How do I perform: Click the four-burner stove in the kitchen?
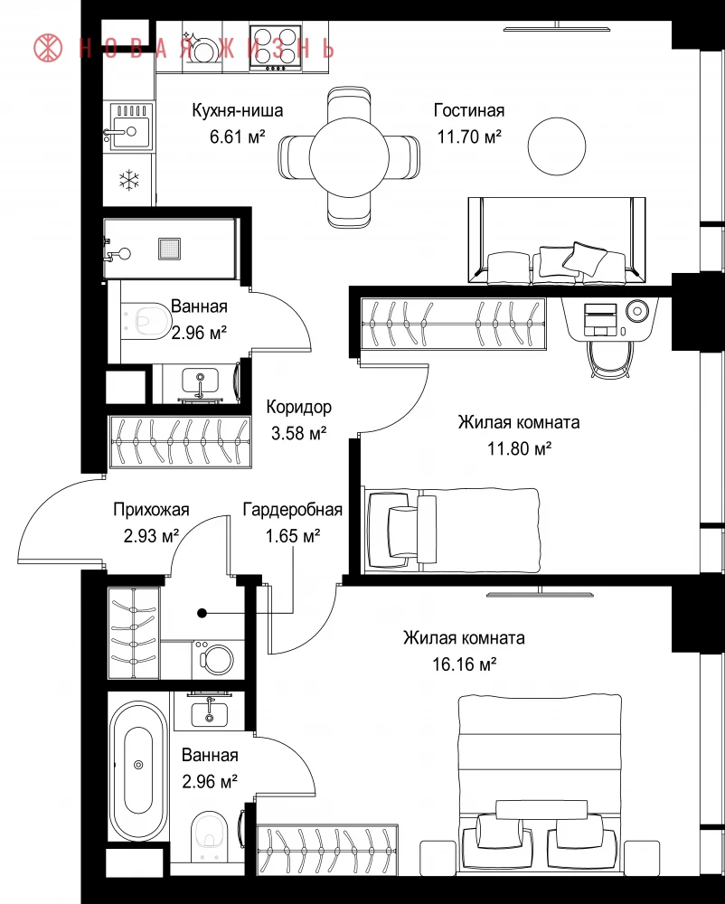coord(276,48)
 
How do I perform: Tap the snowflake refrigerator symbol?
coord(128,179)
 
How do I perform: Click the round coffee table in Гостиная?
coord(557,146)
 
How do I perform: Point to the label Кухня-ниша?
coord(238,110)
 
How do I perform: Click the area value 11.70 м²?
coord(469,137)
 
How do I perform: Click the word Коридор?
coord(298,407)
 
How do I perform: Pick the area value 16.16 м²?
coord(465,664)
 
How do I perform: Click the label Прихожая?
coord(151,510)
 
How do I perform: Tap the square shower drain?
coord(169,250)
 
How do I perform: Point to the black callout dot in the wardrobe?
coord(202,614)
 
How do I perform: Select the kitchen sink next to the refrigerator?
coord(129,127)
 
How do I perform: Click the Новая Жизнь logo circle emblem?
coord(49,48)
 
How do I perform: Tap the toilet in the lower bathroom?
coord(208,836)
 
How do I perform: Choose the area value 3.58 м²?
coord(298,433)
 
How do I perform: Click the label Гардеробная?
coord(293,510)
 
